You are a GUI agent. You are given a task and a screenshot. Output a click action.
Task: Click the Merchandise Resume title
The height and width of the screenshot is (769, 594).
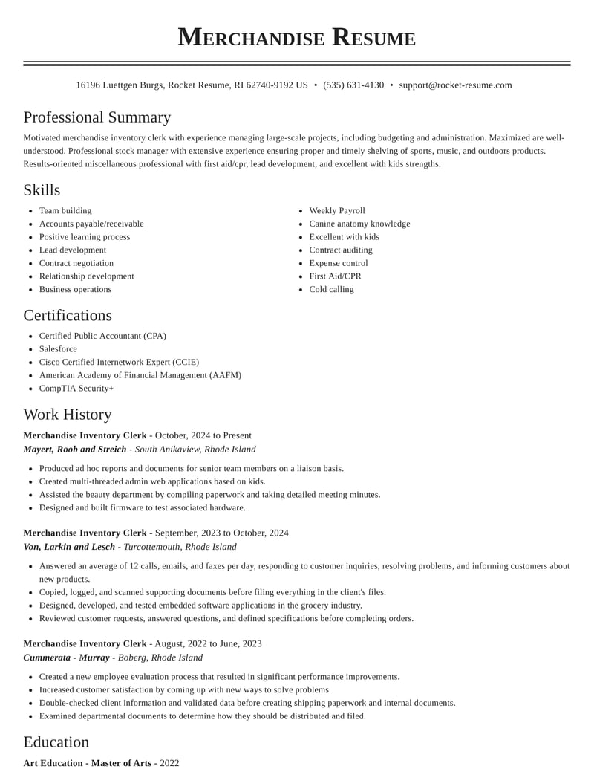pyautogui.click(x=296, y=37)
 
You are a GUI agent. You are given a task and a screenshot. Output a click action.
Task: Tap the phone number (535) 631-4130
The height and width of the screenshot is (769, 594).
pyautogui.click(x=353, y=85)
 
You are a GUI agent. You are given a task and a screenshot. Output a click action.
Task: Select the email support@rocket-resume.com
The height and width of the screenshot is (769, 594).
pyautogui.click(x=455, y=85)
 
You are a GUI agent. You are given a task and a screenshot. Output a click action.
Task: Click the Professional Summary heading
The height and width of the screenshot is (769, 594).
pyautogui.click(x=97, y=117)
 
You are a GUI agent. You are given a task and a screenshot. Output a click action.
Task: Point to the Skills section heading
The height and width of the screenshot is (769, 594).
pyautogui.click(x=42, y=190)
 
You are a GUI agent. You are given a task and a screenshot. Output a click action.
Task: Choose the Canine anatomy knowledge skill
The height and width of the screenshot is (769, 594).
pyautogui.click(x=359, y=224)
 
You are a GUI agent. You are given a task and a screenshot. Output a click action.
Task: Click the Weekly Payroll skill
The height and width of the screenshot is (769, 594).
pyautogui.click(x=337, y=211)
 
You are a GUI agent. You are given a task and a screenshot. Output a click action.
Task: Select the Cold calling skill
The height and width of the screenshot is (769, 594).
pyautogui.click(x=331, y=290)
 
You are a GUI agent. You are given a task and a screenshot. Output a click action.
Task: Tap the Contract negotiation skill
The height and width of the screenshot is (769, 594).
pyautogui.click(x=76, y=263)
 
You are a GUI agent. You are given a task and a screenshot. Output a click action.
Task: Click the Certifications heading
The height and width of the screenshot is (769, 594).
pyautogui.click(x=68, y=315)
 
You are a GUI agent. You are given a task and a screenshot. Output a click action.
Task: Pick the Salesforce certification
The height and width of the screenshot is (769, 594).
pyautogui.click(x=58, y=349)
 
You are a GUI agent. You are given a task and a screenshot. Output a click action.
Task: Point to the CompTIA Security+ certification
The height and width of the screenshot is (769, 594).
pyautogui.click(x=76, y=389)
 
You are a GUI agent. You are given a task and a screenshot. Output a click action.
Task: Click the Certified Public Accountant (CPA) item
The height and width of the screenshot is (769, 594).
pyautogui.click(x=102, y=336)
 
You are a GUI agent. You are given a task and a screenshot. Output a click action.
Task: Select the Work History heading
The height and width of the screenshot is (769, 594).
pyautogui.click(x=68, y=415)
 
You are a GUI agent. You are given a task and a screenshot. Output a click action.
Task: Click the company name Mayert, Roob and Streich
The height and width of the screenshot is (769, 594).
pyautogui.click(x=75, y=450)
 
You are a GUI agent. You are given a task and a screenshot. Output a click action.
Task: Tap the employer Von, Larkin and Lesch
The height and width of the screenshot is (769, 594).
pyautogui.click(x=69, y=547)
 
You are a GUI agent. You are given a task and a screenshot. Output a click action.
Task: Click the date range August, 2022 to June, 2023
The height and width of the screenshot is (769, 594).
pyautogui.click(x=208, y=643)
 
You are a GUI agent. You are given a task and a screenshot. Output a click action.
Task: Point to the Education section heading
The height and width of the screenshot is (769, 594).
pyautogui.click(x=56, y=742)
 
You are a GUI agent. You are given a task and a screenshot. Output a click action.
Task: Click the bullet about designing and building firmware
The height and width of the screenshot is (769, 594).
pyautogui.click(x=142, y=508)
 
